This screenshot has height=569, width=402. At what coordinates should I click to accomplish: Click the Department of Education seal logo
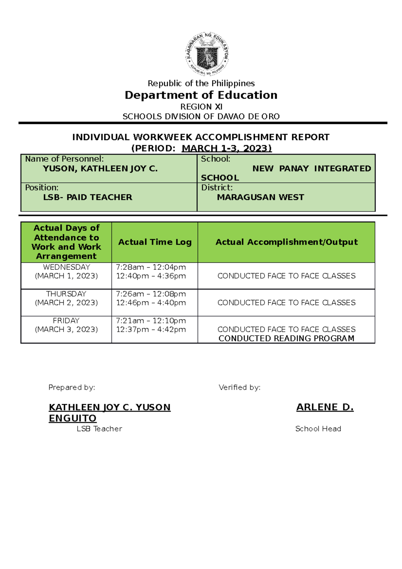click(x=207, y=55)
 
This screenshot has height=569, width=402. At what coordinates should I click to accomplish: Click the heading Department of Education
click(x=201, y=95)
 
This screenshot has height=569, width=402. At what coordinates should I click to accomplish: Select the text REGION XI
click(x=201, y=107)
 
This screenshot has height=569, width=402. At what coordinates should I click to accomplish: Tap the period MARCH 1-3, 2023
click(x=226, y=148)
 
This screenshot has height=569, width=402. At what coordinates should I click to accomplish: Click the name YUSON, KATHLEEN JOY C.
click(x=100, y=169)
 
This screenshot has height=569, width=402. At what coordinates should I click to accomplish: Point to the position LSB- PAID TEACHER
click(x=87, y=197)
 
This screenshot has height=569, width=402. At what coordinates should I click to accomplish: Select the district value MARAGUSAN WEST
click(x=260, y=197)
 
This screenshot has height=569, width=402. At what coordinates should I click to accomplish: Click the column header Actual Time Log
click(x=155, y=242)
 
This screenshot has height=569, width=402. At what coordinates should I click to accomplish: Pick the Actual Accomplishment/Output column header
click(x=286, y=242)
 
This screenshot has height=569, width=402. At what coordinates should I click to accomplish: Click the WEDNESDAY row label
click(x=66, y=267)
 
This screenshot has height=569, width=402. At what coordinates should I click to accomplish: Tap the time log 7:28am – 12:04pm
click(x=151, y=267)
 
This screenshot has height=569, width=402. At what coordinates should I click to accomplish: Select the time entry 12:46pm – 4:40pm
click(x=151, y=303)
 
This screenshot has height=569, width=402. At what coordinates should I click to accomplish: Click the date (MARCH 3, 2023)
click(x=66, y=329)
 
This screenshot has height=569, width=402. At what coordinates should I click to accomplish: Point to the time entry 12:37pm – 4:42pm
click(x=151, y=329)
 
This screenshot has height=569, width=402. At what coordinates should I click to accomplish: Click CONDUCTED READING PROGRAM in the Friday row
click(x=286, y=338)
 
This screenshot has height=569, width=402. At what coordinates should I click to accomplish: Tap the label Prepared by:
click(x=72, y=387)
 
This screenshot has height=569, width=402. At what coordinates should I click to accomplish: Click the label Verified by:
click(x=240, y=387)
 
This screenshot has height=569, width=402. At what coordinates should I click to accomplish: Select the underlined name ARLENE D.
click(x=325, y=407)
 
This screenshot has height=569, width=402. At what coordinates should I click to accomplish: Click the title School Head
click(x=318, y=429)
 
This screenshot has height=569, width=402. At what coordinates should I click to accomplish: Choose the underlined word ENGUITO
click(x=73, y=418)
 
